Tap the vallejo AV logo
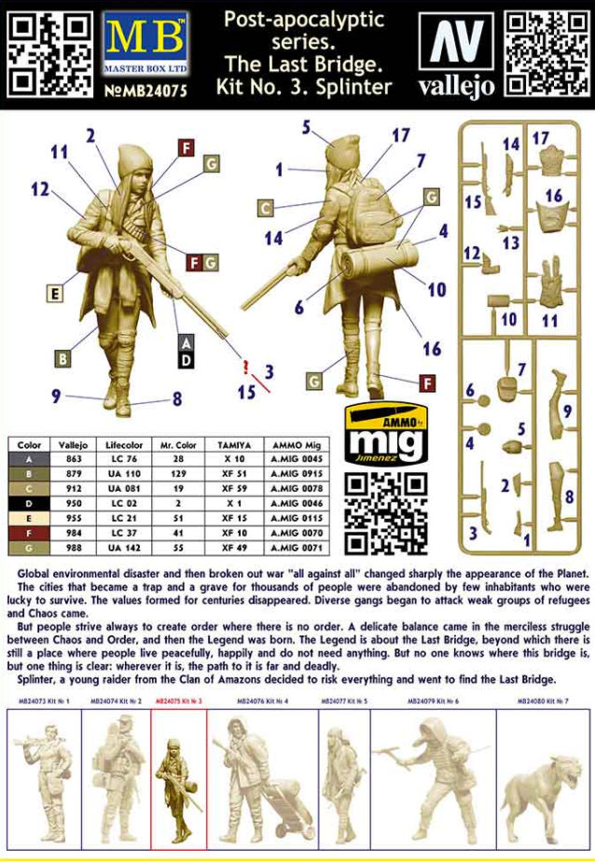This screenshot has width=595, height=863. tap(456, 53)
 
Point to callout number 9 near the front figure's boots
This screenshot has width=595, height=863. tap(56, 396)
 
